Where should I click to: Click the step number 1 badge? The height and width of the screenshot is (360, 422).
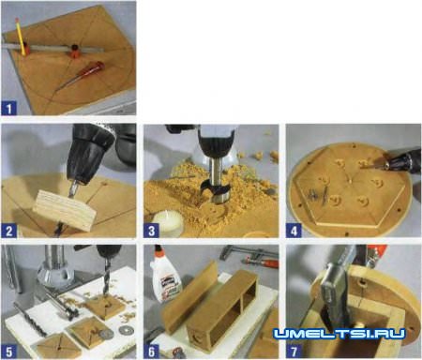coord(8,109)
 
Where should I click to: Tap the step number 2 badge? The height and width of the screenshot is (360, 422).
coord(8,231)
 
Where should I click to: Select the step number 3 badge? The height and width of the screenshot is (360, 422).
coord(151,231)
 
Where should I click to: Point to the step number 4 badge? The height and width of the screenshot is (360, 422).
coord(294,231)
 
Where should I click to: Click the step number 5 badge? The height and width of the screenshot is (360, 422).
coord(8,352)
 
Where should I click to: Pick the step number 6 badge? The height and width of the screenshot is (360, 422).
coord(151,352)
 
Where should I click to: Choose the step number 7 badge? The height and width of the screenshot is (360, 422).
coord(294,352)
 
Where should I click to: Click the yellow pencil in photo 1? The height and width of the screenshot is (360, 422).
coord(21,36)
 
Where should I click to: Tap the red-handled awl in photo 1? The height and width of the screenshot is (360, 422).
coord(83,76)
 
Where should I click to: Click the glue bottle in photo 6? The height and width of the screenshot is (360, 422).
coord(164,276)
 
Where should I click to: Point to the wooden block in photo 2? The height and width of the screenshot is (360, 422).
coord(65,210)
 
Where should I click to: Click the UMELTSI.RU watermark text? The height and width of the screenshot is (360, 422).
coord(339,334)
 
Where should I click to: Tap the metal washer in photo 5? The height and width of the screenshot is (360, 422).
coord(126,330)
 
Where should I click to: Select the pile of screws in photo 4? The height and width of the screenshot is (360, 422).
coord(316,193)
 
